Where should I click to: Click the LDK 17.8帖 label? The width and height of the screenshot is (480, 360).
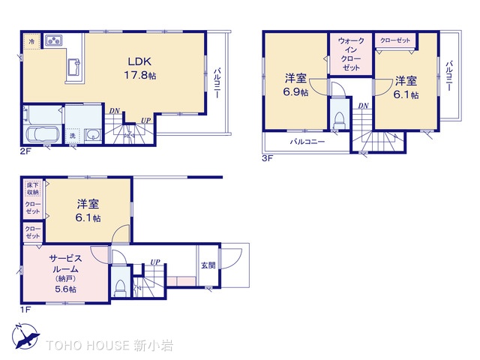(140, 68)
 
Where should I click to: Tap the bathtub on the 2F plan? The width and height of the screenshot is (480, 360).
(41, 135)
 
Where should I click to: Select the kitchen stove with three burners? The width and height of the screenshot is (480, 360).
(54, 40)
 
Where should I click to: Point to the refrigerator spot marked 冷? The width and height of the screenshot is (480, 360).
(31, 41)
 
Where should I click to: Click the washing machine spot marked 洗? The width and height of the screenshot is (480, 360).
(72, 136)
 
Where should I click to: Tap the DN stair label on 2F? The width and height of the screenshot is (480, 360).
(115, 111)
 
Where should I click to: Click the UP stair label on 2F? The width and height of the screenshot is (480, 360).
(145, 121)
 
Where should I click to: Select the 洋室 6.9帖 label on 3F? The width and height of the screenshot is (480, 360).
(295, 85)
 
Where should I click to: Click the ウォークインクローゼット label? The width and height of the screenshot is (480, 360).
(351, 54)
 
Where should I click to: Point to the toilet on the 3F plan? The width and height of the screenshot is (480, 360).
(339, 121)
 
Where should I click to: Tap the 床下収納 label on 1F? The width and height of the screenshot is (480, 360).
(32, 188)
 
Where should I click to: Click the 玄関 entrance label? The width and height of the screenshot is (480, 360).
(208, 265)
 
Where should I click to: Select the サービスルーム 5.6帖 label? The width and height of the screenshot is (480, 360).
(65, 273)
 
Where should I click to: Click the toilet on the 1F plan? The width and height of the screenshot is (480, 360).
(119, 288)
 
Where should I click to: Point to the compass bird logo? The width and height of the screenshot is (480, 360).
(25, 337)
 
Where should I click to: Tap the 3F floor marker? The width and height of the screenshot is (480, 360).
(267, 158)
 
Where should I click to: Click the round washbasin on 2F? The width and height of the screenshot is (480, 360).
(92, 135)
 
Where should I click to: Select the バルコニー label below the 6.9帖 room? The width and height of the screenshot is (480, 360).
(307, 142)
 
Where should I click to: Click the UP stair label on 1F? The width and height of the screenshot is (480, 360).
(155, 262)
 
